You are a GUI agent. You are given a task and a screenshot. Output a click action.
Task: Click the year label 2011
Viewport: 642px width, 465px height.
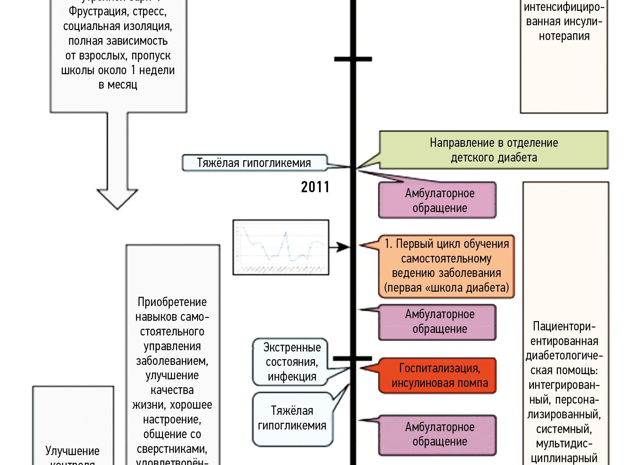coord(315,187)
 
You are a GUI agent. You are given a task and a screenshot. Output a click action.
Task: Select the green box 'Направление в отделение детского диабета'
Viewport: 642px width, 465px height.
coord(494,150)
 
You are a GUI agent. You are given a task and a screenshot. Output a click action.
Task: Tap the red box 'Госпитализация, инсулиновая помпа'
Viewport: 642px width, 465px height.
coord(439,375)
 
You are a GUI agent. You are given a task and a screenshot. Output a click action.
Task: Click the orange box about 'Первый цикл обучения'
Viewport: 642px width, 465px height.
coord(446,266)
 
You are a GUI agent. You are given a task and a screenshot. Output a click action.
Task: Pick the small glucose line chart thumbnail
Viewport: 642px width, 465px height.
coord(281,247)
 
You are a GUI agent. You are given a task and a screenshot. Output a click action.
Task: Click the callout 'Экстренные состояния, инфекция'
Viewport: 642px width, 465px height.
coord(292,362)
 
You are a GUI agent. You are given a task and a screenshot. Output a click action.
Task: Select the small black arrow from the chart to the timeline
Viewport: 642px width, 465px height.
coord(339,247)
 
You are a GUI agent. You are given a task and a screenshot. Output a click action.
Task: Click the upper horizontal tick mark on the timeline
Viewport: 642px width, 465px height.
coord(353,59)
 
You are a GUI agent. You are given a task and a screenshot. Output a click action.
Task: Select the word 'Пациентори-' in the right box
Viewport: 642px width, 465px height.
coord(564,327)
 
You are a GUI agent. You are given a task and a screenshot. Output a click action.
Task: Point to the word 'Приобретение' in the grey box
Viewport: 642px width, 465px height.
coord(172,302)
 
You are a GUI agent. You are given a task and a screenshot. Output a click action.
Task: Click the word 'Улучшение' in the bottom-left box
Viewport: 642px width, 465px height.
coord(73,451)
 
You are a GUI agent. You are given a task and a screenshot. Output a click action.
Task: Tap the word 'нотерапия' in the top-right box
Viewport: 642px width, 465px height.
coord(564,36)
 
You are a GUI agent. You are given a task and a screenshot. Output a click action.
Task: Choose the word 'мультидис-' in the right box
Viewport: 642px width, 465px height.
coord(564,444)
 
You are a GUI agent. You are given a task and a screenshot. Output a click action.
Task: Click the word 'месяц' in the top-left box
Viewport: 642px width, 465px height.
coord(123,85)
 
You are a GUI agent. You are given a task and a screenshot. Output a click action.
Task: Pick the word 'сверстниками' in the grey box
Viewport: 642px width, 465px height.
coord(172,449)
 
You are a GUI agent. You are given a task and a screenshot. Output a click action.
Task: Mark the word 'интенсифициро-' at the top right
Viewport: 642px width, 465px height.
coord(564,7)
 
